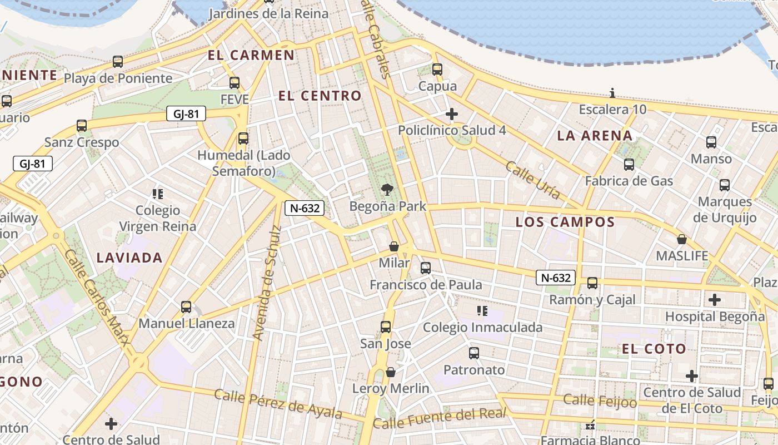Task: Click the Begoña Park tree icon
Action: click(387, 190)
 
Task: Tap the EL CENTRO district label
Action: click(320, 96)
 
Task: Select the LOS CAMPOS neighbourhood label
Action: click(565, 222)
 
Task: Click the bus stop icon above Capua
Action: click(437, 70)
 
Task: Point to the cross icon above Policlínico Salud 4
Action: click(452, 115)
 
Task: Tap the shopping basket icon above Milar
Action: click(394, 246)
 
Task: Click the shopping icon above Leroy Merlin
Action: click(391, 372)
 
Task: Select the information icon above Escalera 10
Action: click(612, 93)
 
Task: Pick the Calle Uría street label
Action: click(532, 180)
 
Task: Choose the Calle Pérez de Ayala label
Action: click(277, 404)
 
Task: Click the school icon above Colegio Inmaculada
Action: click(482, 311)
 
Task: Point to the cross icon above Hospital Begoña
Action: click(715, 300)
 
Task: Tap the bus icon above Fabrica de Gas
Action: click(629, 165)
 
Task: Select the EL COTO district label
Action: click(654, 349)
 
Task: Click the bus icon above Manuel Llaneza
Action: click(186, 307)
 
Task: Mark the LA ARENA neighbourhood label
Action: click(595, 135)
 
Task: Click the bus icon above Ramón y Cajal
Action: click(592, 283)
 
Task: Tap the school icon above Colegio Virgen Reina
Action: click(158, 194)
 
